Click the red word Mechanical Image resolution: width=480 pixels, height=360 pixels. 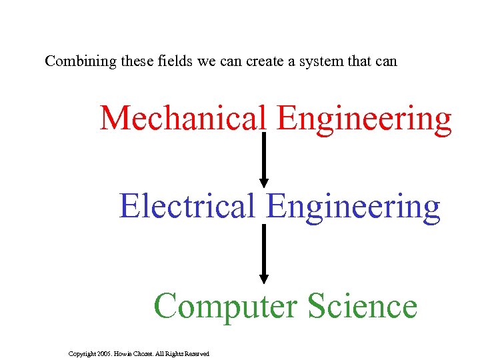click(x=183, y=118)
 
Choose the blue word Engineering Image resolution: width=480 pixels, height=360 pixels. click(x=353, y=207)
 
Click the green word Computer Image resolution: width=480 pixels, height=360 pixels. click(x=225, y=307)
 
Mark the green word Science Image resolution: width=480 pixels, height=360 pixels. click(x=363, y=306)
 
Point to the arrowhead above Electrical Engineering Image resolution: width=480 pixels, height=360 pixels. click(x=263, y=181)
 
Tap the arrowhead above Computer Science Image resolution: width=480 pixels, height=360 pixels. click(x=263, y=279)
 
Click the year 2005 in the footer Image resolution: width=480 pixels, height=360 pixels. click(x=105, y=353)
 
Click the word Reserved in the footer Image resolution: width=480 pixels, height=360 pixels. click(x=196, y=353)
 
